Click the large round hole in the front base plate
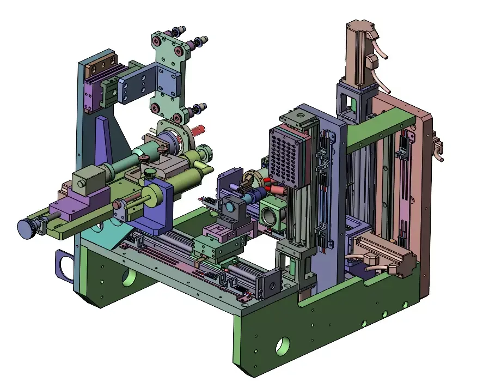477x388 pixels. (x=283, y=345)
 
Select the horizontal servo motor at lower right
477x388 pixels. (x=388, y=256)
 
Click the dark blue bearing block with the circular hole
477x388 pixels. (x=233, y=210)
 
